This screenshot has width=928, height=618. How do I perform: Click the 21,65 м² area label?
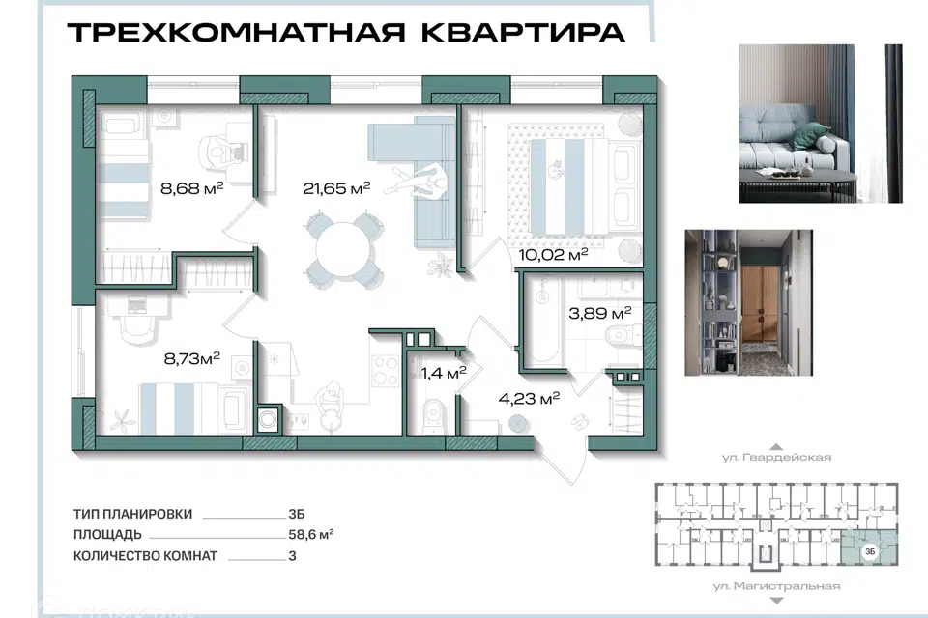[x=336, y=188]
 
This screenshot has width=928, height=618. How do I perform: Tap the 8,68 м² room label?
[x=191, y=188]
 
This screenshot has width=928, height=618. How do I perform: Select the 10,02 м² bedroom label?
[x=553, y=255]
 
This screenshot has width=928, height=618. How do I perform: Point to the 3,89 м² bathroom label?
[x=600, y=313]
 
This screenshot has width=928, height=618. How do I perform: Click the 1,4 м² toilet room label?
[x=444, y=373]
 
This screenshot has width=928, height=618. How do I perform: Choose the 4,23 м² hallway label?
[x=529, y=399]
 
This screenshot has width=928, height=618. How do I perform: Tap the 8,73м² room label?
[x=191, y=358]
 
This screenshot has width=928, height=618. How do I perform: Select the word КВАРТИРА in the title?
[x=523, y=33]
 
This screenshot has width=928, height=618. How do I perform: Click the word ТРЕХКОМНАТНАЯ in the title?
[x=236, y=33]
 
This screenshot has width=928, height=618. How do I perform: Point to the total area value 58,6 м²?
[x=310, y=535]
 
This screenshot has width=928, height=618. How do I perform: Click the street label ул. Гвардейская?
[x=776, y=457]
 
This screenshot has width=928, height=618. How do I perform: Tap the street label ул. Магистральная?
[x=776, y=586]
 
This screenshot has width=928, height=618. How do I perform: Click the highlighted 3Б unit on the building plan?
[x=870, y=548]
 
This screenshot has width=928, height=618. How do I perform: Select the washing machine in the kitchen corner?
[x=268, y=419]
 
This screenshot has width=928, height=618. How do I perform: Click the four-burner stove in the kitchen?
[x=386, y=371]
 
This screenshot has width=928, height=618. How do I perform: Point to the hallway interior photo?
[x=748, y=303]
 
